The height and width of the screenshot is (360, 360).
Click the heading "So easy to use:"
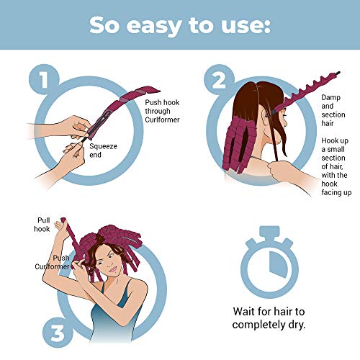[x=180, y=24]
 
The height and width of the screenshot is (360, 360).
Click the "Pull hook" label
[x=45, y=223]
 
